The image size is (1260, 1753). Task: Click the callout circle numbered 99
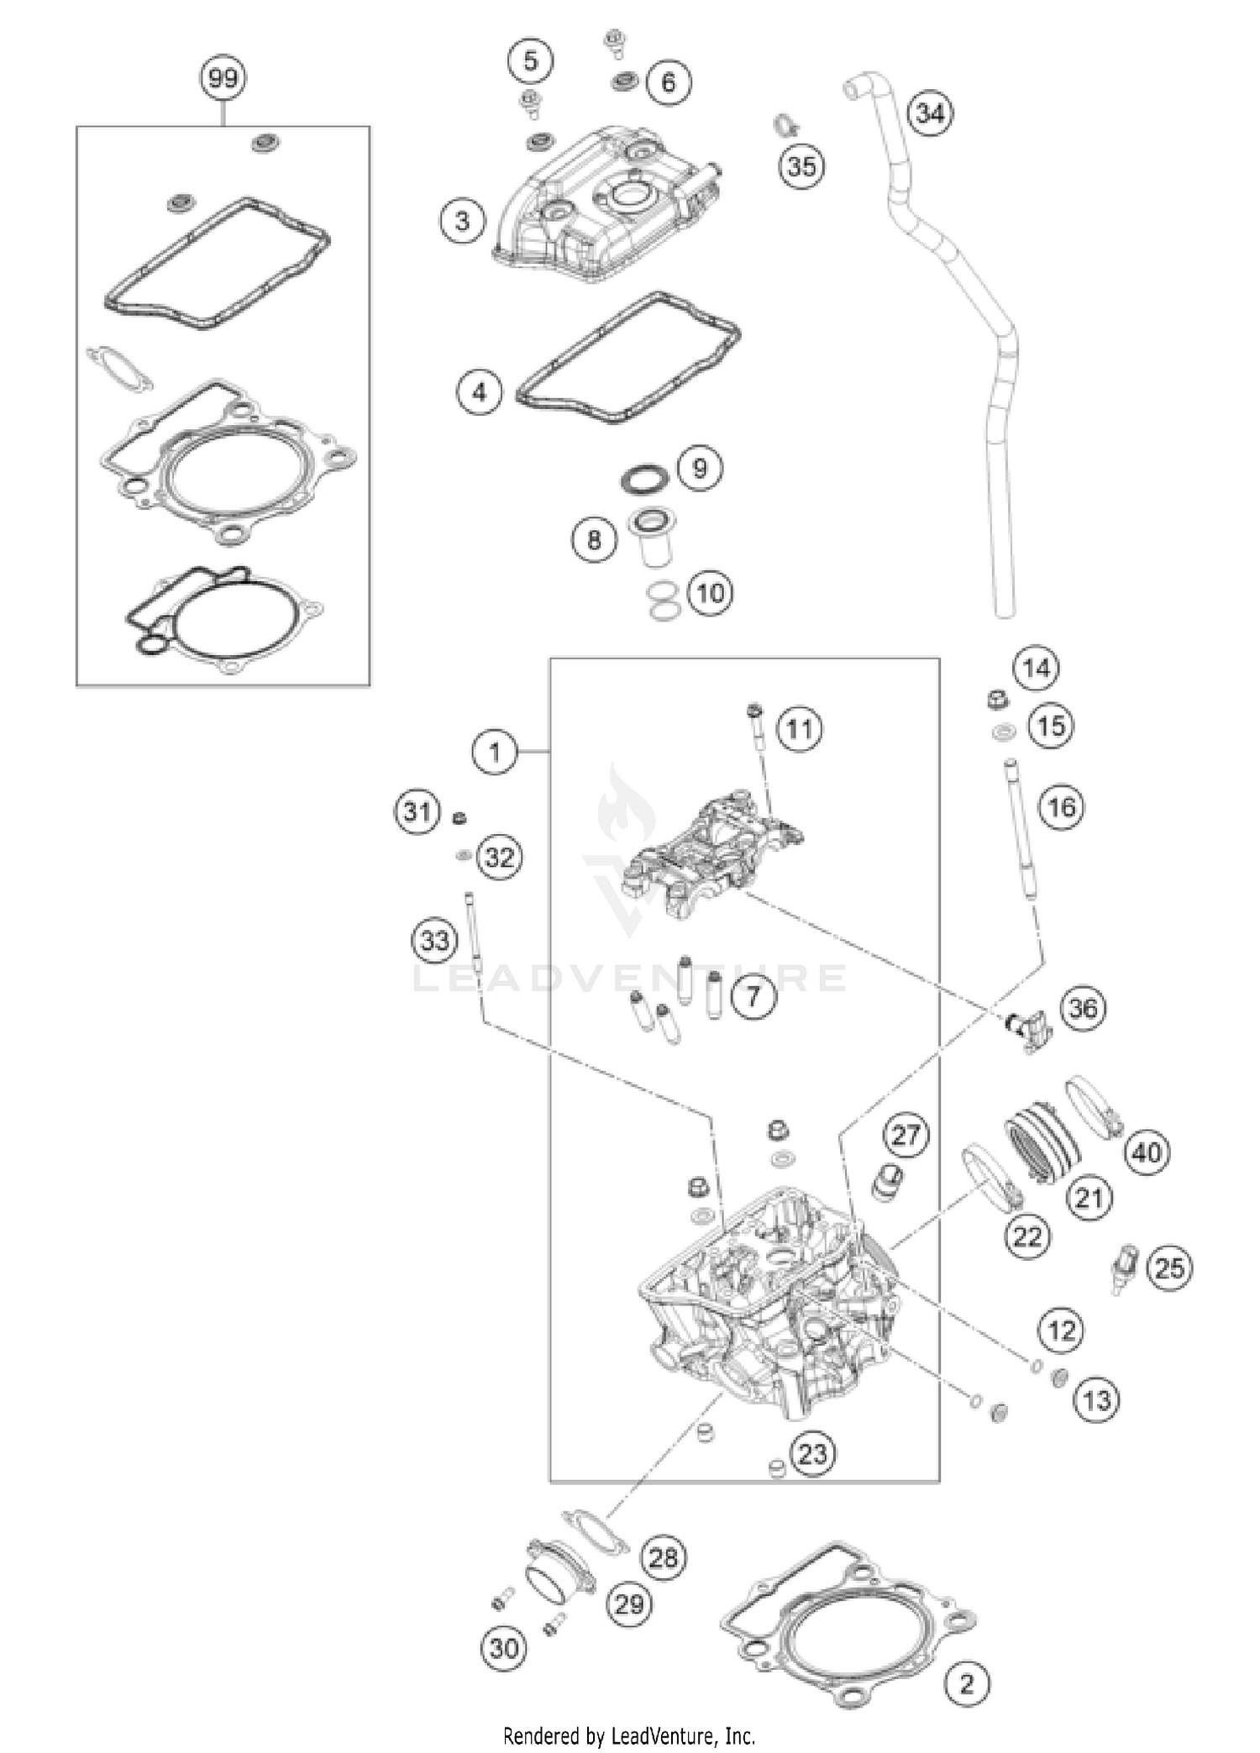[223, 79]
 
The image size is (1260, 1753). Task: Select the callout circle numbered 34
[931, 113]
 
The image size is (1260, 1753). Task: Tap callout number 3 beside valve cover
[462, 222]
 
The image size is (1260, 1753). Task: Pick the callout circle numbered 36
[1083, 1007]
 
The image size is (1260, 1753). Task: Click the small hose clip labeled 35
[783, 126]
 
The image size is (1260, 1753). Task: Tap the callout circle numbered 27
[906, 1136]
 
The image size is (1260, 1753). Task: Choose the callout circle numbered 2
[967, 1683]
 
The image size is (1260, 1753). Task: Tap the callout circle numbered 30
[504, 1648]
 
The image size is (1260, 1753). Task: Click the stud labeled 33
[471, 932]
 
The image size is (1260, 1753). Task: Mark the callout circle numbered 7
[753, 996]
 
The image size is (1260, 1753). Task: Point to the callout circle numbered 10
[710, 593]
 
